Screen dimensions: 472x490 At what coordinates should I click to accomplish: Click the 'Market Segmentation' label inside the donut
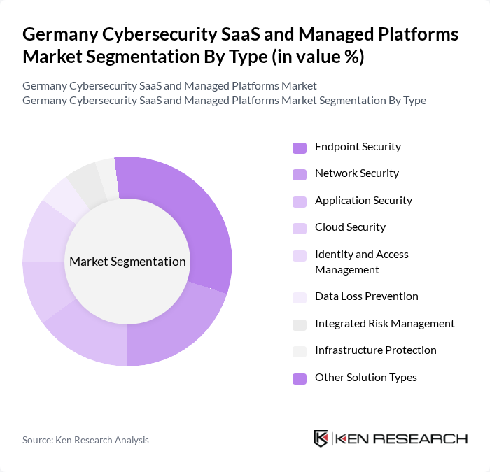pyautogui.click(x=127, y=262)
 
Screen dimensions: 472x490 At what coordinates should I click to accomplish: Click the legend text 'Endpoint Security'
pyautogui.click(x=358, y=147)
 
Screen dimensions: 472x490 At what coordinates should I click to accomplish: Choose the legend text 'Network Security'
pyautogui.click(x=356, y=173)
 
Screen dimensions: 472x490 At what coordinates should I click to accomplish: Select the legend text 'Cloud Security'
pyautogui.click(x=350, y=227)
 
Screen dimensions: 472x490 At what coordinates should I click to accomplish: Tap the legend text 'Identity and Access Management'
pyautogui.click(x=361, y=262)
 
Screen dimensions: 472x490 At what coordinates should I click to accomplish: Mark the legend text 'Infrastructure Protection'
pyautogui.click(x=375, y=350)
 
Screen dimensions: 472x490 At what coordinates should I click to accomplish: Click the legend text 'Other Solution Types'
pyautogui.click(x=365, y=378)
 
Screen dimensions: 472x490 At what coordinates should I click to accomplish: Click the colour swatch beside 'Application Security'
pyautogui.click(x=300, y=201)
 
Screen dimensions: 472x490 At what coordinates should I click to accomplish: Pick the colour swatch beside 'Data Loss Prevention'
pyautogui.click(x=300, y=297)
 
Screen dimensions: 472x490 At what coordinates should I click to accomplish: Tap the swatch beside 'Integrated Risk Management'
pyautogui.click(x=300, y=324)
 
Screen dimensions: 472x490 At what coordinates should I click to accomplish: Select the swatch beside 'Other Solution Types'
pyautogui.click(x=300, y=378)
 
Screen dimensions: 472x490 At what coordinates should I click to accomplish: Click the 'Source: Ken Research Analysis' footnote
pyautogui.click(x=85, y=440)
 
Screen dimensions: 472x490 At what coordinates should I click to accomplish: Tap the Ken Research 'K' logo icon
pyautogui.click(x=321, y=438)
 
